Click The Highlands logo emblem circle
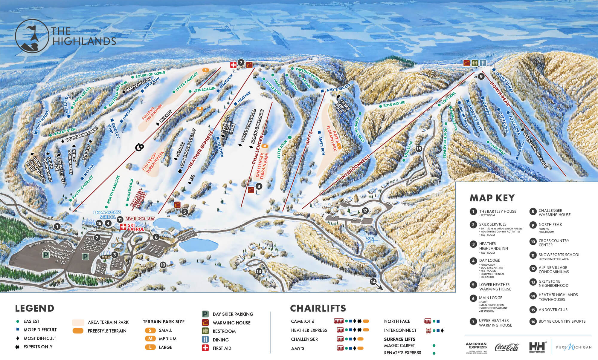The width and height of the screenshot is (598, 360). point(32,36)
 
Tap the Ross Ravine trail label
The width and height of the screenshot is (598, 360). point(394,104)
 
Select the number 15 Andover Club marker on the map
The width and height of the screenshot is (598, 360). point(419,148)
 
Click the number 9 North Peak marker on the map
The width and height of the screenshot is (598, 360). point(481,76)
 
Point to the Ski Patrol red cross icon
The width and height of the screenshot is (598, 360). point(123,227)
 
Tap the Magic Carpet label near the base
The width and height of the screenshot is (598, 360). point(139,219)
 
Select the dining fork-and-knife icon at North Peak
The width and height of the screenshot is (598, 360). point(483,63)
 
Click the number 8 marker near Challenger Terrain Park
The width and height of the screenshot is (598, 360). point(259,186)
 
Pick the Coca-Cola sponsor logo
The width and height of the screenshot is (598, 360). point(507,347)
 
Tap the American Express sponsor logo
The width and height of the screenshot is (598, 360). point(476,347)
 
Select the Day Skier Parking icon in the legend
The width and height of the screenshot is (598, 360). point(205,314)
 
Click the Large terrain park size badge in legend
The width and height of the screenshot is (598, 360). point(150,347)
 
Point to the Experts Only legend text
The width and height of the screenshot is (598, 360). point(38,347)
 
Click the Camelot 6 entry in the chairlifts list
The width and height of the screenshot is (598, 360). point(303,321)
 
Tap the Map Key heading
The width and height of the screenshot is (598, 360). point(492,198)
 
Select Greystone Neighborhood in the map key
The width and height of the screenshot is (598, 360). point(553,283)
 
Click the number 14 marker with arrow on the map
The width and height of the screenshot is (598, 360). point(373,281)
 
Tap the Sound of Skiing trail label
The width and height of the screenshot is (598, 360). point(150,74)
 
